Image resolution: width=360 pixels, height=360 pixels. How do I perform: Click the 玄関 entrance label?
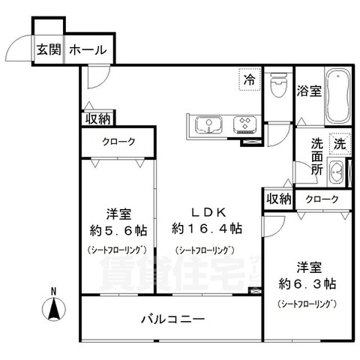pyautogui.click(x=48, y=51)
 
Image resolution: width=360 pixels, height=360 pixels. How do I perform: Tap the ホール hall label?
pyautogui.click(x=87, y=51)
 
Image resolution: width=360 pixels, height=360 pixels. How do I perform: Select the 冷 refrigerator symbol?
pyautogui.click(x=247, y=77)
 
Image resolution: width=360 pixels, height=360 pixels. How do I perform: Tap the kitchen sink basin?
pyautogui.click(x=205, y=123)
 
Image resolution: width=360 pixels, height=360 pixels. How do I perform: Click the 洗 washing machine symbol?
pyautogui.click(x=339, y=142)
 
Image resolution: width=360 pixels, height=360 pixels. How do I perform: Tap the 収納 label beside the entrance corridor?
pyautogui.click(x=97, y=118)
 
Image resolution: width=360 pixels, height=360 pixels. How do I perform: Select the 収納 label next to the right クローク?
pyautogui.click(x=277, y=199)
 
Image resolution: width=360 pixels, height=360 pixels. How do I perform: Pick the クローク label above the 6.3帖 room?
pyautogui.click(x=322, y=199)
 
